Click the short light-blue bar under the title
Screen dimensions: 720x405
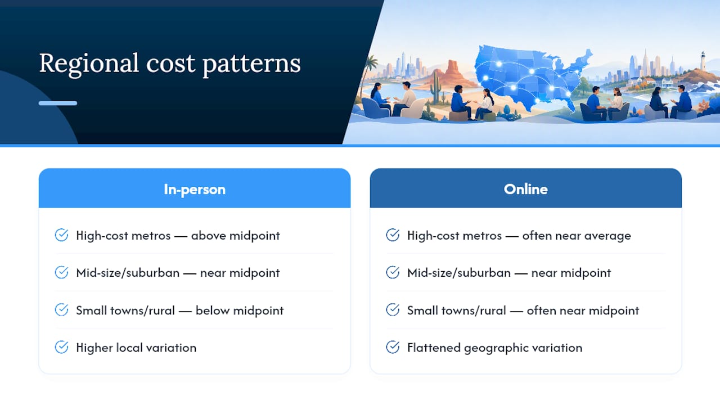point(58,103)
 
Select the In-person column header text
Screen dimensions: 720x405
point(195,190)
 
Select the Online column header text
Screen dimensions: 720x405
point(526,189)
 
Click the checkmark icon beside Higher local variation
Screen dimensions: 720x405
point(61,347)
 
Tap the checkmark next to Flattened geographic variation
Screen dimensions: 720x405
point(393,347)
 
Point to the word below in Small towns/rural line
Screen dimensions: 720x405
point(213,310)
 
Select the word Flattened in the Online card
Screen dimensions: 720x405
point(434,348)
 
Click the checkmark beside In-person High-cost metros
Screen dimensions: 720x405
point(61,235)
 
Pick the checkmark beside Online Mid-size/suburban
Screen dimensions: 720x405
point(393,272)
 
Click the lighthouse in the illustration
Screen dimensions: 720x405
point(703,61)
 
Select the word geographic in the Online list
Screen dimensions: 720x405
point(496,348)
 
